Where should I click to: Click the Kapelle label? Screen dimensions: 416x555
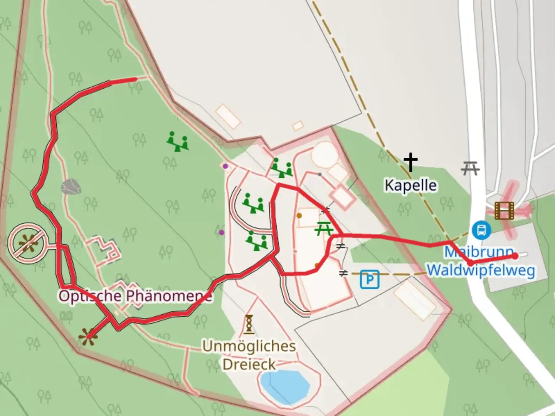pos(410,186)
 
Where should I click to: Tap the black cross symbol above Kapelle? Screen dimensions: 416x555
pos(410,162)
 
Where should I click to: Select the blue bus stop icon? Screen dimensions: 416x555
pos(481,230)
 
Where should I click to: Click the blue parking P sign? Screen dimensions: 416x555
pos(370,279)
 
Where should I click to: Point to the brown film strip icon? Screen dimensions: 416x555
pos(505,211)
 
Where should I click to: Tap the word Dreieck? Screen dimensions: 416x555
pos(249,364)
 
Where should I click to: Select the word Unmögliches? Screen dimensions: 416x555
pos(249,346)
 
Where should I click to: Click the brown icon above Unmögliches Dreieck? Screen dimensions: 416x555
pos(249,324)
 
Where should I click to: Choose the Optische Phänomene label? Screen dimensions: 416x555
pos(135,296)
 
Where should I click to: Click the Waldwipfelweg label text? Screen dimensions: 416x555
pos(481,270)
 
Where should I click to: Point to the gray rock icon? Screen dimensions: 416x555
pos(71,187)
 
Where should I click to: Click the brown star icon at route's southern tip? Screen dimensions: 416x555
pos(87,336)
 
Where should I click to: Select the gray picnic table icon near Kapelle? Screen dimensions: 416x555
pos(470,168)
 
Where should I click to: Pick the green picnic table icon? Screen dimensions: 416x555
pos(324,229)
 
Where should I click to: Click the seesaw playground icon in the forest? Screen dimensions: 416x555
pos(177,141)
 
